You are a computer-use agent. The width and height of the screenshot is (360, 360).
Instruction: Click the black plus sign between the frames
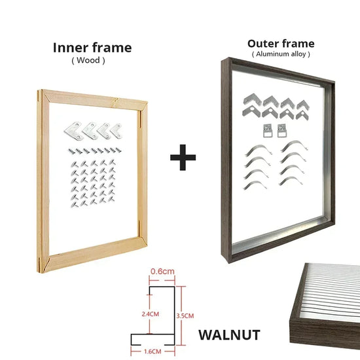183,158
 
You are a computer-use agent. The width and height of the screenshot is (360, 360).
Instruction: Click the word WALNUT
229,335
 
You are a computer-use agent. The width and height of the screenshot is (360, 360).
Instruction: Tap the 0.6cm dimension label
162,272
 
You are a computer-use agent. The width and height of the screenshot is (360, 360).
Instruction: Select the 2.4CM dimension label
151,314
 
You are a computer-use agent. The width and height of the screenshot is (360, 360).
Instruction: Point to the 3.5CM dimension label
185,315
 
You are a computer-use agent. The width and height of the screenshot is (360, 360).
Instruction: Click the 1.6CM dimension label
153,351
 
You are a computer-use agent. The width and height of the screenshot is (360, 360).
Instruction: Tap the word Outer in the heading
263,44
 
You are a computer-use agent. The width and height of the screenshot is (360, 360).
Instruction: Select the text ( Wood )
88,60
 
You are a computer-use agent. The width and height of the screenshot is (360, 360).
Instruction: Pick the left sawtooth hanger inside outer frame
268,131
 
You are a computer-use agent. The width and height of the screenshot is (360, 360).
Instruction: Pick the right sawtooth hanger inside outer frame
281,131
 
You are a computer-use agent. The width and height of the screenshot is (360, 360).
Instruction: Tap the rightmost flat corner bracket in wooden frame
116,132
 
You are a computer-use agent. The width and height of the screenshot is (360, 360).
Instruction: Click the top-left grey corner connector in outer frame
252,99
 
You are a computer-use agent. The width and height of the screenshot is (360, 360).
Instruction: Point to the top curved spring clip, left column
259,151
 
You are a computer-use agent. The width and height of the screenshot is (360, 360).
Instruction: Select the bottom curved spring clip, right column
291,181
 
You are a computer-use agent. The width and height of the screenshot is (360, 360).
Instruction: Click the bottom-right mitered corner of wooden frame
143,242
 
